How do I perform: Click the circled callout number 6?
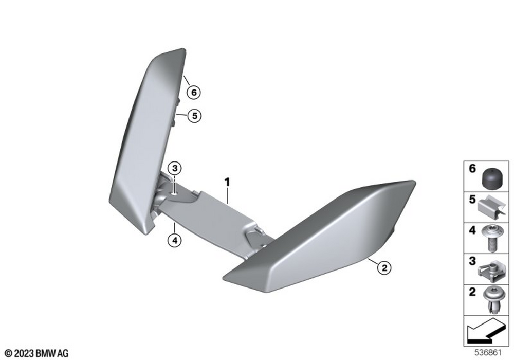pos(194,93)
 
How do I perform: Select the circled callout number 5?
pos(195,116)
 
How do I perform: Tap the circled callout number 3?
pos(174,168)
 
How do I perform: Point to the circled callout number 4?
pos(174,241)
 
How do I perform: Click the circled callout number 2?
pos(384,268)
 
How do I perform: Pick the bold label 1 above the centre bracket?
pos(227,182)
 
